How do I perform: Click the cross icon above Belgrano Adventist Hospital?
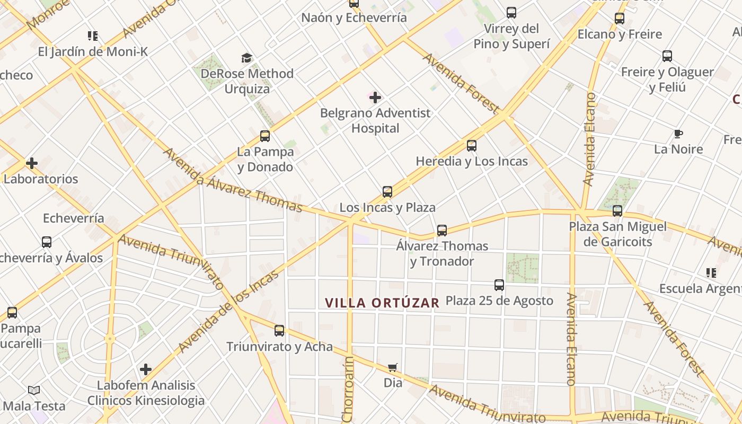coord(375,98)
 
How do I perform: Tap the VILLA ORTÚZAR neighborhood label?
coord(382,303)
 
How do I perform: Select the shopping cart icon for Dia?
coord(393,367)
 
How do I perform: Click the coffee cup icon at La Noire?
coord(678,134)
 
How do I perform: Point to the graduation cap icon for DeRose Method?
coord(246,58)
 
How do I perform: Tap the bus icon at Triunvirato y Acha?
coord(279,331)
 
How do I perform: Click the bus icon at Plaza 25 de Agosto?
coord(499,285)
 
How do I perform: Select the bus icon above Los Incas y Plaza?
coord(387,192)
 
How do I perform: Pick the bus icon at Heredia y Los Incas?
coord(472,146)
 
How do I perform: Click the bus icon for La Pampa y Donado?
coord(265,136)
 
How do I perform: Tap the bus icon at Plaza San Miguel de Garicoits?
coord(617,211)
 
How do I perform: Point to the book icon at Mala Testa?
coord(34,391)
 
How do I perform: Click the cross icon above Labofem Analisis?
coord(146,369)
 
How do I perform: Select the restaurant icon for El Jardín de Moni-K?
coord(93,36)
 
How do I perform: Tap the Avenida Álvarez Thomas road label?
coord(232,179)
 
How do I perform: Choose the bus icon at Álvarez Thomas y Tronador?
coord(442,231)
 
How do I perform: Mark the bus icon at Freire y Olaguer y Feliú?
coord(667,56)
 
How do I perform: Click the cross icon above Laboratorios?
coord(32,163)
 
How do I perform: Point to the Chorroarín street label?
coord(348,390)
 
